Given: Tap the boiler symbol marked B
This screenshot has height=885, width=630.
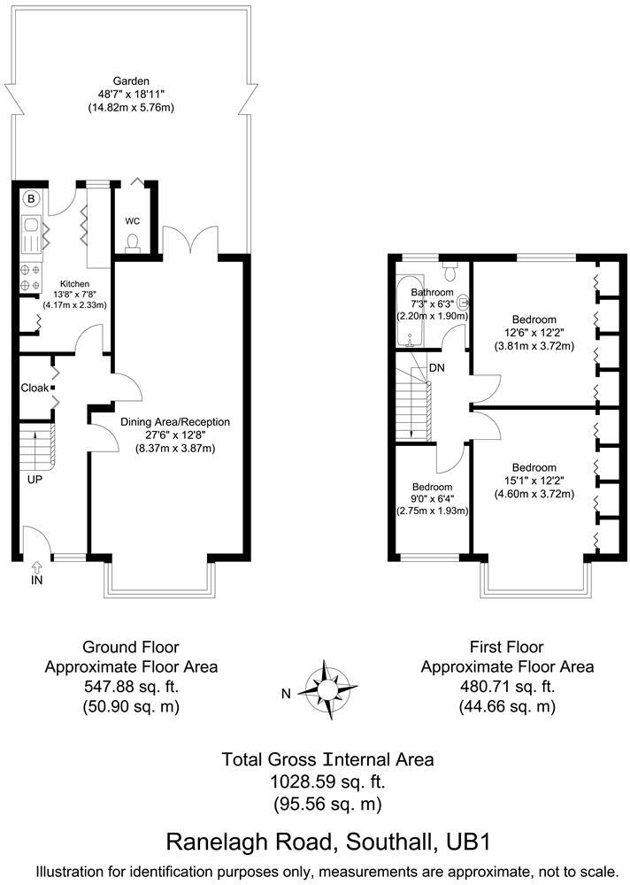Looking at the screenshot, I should point(31,199).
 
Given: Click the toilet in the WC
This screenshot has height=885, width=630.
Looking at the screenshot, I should point(133,242).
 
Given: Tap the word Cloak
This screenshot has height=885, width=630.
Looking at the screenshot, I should point(35,388).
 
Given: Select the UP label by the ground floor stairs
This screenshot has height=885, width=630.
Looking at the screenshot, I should point(35,480).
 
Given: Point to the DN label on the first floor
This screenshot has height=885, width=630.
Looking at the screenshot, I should point(437,367).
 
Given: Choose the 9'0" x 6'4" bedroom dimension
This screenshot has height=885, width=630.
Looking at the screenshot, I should point(433,499).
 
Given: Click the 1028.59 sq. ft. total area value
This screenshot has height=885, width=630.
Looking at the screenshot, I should point(314,782).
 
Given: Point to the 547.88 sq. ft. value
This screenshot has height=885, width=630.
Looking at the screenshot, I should point(131,686).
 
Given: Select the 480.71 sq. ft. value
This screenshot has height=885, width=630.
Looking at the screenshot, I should point(507,686).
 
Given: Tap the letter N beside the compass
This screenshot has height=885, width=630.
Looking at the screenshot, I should point(286,694).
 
